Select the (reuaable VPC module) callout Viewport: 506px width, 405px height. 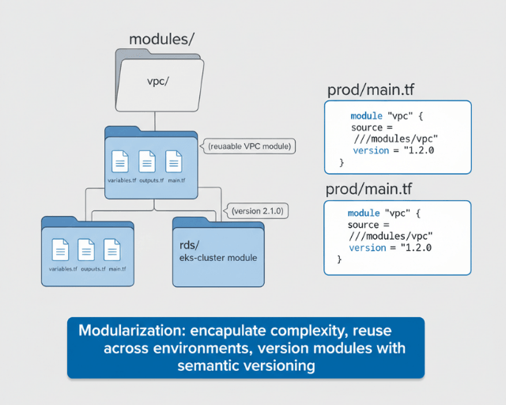(x=250, y=146)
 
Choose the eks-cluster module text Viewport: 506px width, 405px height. (x=217, y=258)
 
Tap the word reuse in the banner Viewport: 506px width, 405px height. (x=371, y=330)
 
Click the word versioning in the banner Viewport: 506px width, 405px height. (x=281, y=366)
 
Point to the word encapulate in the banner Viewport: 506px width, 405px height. (x=228, y=330)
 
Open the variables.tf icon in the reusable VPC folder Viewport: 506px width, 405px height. (x=120, y=161)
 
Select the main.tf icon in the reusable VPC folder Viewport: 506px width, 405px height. (x=174, y=161)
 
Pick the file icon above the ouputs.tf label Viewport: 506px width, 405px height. (x=86, y=250)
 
